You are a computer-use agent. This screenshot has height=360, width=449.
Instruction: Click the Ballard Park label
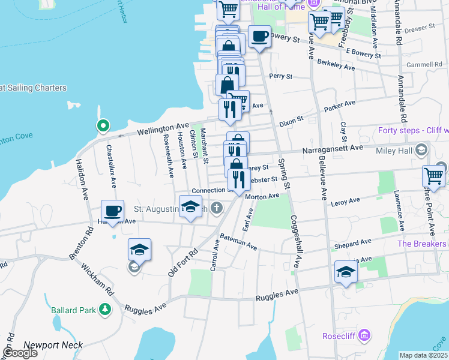click(x=72, y=310)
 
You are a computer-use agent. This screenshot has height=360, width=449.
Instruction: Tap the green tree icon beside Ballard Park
click(x=106, y=310)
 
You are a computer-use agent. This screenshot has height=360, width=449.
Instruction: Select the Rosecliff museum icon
click(x=364, y=336)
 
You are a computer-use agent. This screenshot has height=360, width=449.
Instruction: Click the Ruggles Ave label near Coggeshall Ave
click(x=277, y=296)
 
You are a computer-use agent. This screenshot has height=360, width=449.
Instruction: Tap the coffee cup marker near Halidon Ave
click(x=112, y=211)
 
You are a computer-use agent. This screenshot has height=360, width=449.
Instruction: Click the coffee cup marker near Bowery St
click(x=259, y=37)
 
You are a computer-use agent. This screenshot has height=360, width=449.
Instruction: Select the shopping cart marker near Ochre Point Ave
click(x=433, y=176)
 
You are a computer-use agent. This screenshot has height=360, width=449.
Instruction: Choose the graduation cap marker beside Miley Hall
click(x=421, y=149)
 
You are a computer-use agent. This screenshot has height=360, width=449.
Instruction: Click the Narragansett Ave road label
click(x=333, y=148)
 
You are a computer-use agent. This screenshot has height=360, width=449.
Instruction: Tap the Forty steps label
click(x=413, y=130)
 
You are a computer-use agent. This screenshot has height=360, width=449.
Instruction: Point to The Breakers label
click(x=421, y=244)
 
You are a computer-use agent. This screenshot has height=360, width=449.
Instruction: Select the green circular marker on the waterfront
click(x=103, y=126)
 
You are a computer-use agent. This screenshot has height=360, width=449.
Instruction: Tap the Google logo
click(x=20, y=353)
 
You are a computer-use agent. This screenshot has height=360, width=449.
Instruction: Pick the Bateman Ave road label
click(x=238, y=242)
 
